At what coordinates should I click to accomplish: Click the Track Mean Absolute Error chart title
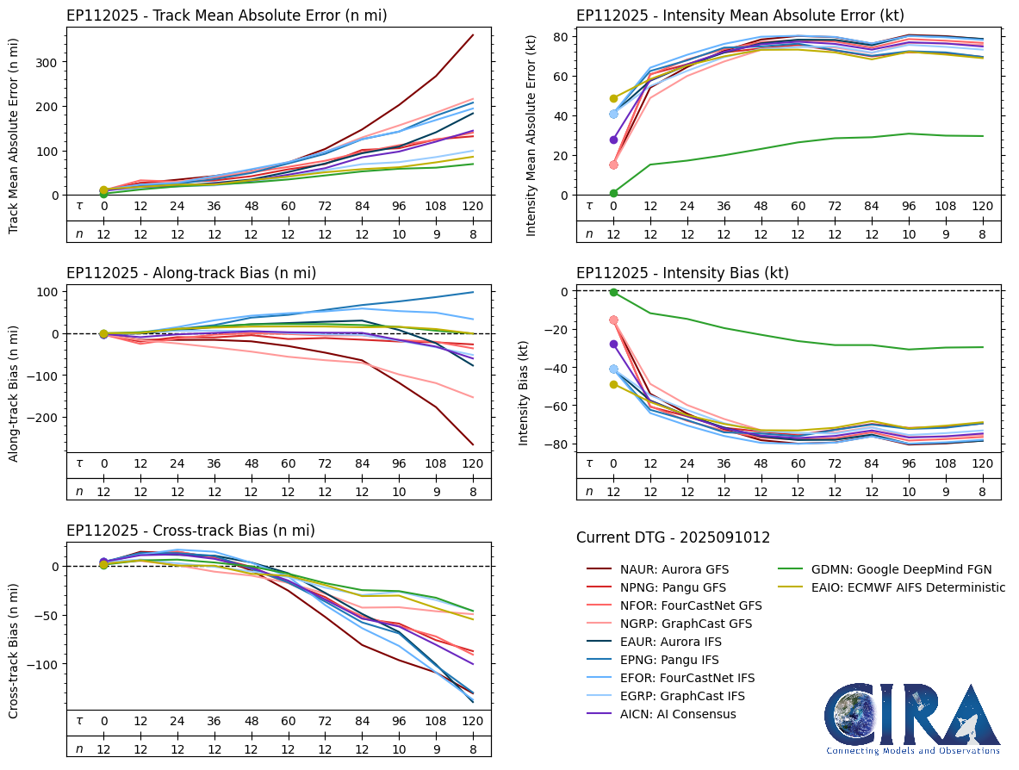[x=227, y=16]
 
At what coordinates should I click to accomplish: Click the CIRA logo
[x=912, y=718]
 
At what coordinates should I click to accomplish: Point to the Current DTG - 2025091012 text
[x=673, y=538]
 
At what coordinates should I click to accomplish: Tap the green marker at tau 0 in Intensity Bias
[x=613, y=292]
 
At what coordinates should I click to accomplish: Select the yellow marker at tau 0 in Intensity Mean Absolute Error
[x=613, y=98]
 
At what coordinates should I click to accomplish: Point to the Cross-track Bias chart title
[x=190, y=531]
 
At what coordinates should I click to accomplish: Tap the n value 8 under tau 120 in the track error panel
[x=472, y=233]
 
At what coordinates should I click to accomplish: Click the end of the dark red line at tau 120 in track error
[x=473, y=35]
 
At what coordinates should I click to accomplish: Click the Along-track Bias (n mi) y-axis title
[x=15, y=394]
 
